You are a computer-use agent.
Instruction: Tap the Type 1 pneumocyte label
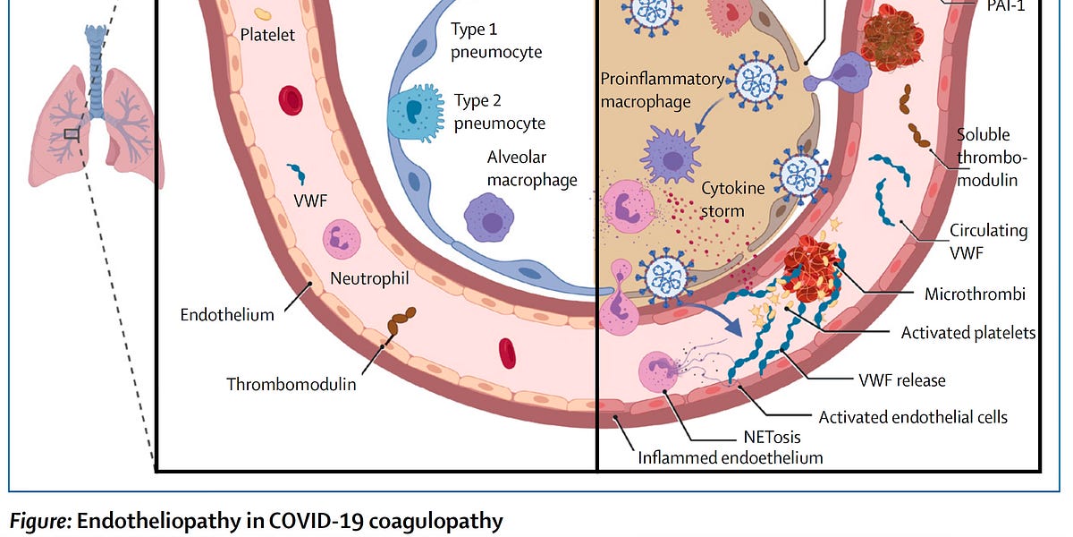[497, 41]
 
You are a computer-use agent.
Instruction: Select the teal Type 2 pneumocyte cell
[414, 110]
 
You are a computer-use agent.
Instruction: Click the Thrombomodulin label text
[291, 384]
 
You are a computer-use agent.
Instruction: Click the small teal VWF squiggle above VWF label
[295, 173]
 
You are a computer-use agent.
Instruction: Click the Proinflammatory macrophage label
[661, 90]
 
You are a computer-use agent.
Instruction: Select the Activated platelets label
[968, 333]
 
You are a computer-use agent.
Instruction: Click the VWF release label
[900, 380]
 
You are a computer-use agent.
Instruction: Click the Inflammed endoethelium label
[730, 457]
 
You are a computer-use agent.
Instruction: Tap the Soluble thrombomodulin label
[992, 158]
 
